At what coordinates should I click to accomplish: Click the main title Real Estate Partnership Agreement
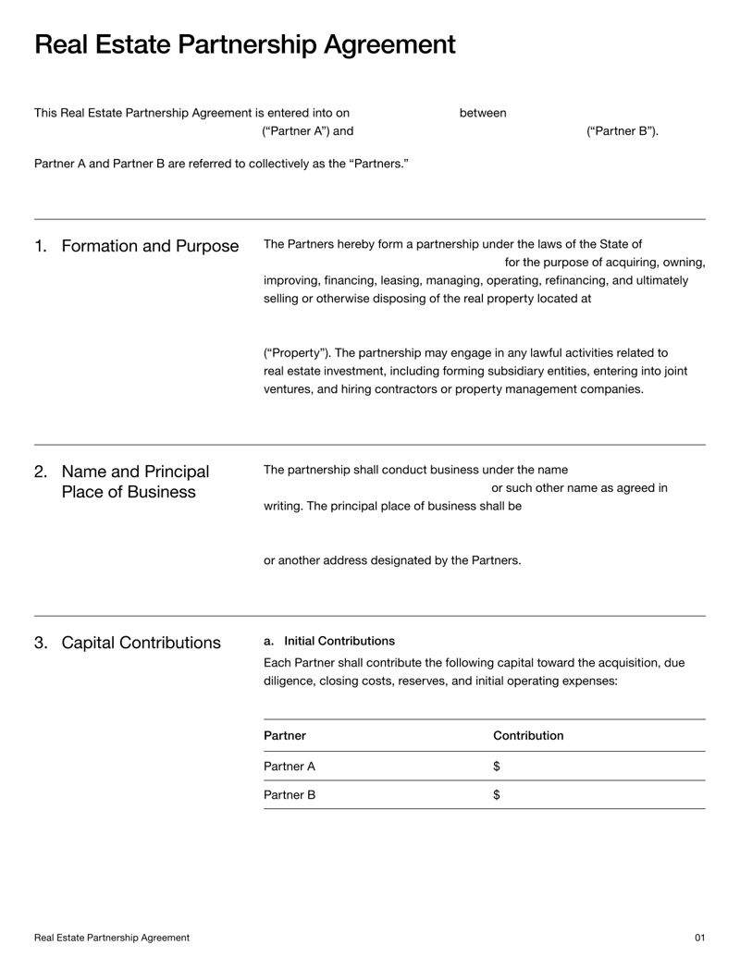point(244,44)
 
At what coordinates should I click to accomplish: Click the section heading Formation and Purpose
point(149,246)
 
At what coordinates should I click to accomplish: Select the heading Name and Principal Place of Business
point(135,482)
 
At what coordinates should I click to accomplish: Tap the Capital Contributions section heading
point(141,643)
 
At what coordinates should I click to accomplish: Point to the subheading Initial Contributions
point(339,641)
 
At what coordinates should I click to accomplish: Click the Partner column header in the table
point(285,736)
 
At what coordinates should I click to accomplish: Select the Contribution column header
point(528,736)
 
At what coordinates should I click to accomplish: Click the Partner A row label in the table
point(290,767)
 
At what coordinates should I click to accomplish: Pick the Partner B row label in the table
point(290,794)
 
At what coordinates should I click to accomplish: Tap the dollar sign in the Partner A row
point(497,767)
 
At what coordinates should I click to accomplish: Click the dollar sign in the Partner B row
point(497,794)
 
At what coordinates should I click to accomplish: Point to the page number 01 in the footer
point(699,938)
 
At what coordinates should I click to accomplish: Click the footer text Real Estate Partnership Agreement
point(112,938)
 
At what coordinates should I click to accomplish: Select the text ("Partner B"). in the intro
point(623,131)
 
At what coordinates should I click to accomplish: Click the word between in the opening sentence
point(483,113)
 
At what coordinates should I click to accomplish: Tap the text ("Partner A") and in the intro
point(308,131)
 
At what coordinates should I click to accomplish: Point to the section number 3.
point(41,643)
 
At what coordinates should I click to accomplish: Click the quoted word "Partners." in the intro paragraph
point(379,164)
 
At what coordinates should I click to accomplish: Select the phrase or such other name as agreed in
point(579,487)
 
